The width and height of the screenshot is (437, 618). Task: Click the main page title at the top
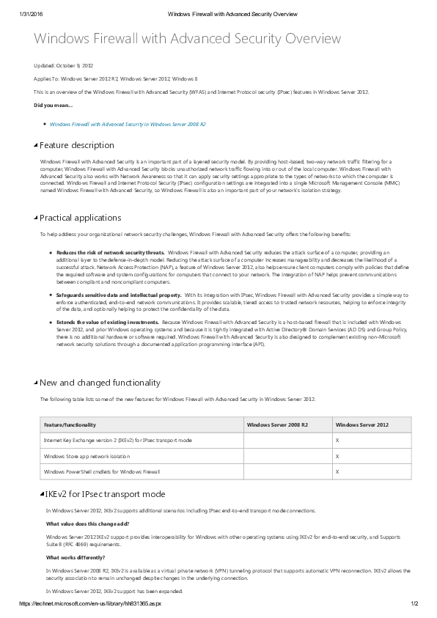click(188, 39)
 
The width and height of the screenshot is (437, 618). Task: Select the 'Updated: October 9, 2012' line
click(65, 66)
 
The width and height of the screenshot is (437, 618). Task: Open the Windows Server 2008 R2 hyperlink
click(128, 124)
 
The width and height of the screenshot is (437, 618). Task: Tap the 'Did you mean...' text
click(54, 106)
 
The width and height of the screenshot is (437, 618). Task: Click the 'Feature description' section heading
click(76, 145)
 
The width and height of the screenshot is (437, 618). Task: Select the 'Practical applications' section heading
click(80, 218)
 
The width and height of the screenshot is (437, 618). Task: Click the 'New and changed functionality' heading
click(99, 383)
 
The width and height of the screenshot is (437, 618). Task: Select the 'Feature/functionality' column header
click(70, 424)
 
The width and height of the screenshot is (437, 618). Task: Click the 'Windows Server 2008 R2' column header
click(277, 424)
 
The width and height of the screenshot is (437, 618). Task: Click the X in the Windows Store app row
click(337, 456)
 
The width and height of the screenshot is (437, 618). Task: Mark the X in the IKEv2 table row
click(337, 440)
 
